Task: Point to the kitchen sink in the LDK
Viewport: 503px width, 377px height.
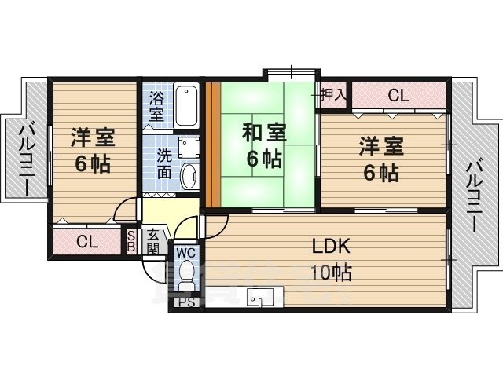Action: click(260, 298)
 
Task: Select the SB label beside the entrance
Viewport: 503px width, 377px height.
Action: click(131, 240)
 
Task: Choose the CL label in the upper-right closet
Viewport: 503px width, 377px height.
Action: click(398, 97)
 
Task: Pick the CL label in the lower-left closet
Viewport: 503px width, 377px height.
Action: click(87, 242)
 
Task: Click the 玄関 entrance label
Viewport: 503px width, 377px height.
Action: click(152, 241)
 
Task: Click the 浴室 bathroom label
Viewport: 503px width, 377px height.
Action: click(156, 105)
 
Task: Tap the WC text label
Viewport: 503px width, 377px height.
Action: click(186, 252)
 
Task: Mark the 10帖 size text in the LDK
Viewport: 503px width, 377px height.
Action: click(331, 273)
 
